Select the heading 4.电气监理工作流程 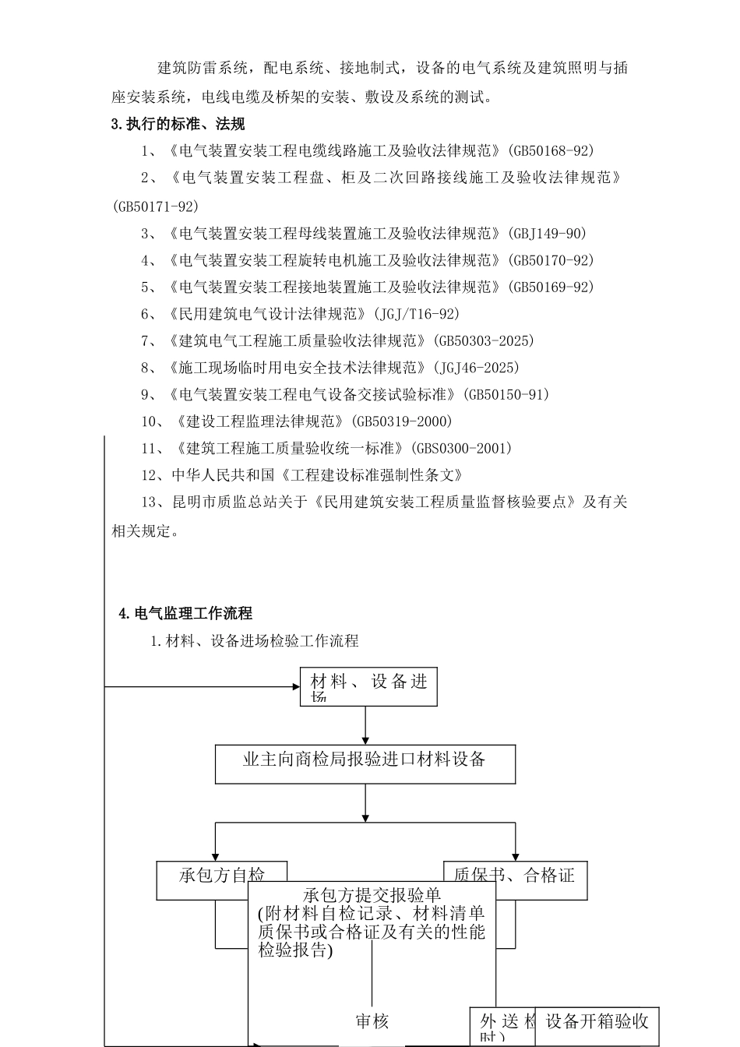(x=185, y=613)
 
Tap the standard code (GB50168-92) (x=549, y=150)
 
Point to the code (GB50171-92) (x=155, y=206)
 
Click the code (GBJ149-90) (x=546, y=233)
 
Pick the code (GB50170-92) (x=549, y=260)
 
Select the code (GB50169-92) (x=549, y=287)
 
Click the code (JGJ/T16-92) (x=416, y=314)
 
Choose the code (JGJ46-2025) (x=474, y=368)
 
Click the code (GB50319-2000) (x=400, y=421)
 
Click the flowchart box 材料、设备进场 (x=368, y=686)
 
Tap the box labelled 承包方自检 (x=221, y=876)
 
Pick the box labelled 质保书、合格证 (x=514, y=876)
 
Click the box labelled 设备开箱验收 (x=597, y=1021)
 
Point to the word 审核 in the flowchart (x=372, y=1021)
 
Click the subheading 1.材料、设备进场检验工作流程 (x=254, y=641)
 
